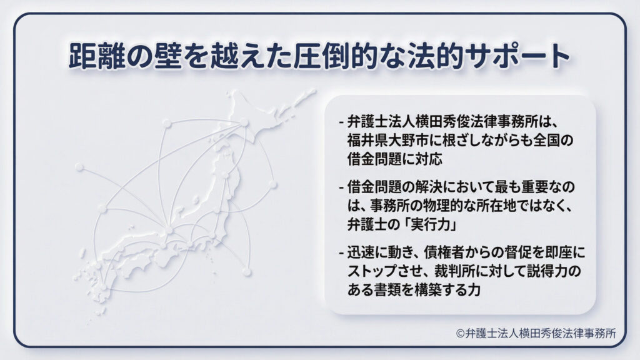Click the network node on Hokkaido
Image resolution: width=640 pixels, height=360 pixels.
(x=244, y=122)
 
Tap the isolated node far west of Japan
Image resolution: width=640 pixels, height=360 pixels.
(x=79, y=167)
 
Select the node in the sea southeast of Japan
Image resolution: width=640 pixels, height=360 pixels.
(x=247, y=272)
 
